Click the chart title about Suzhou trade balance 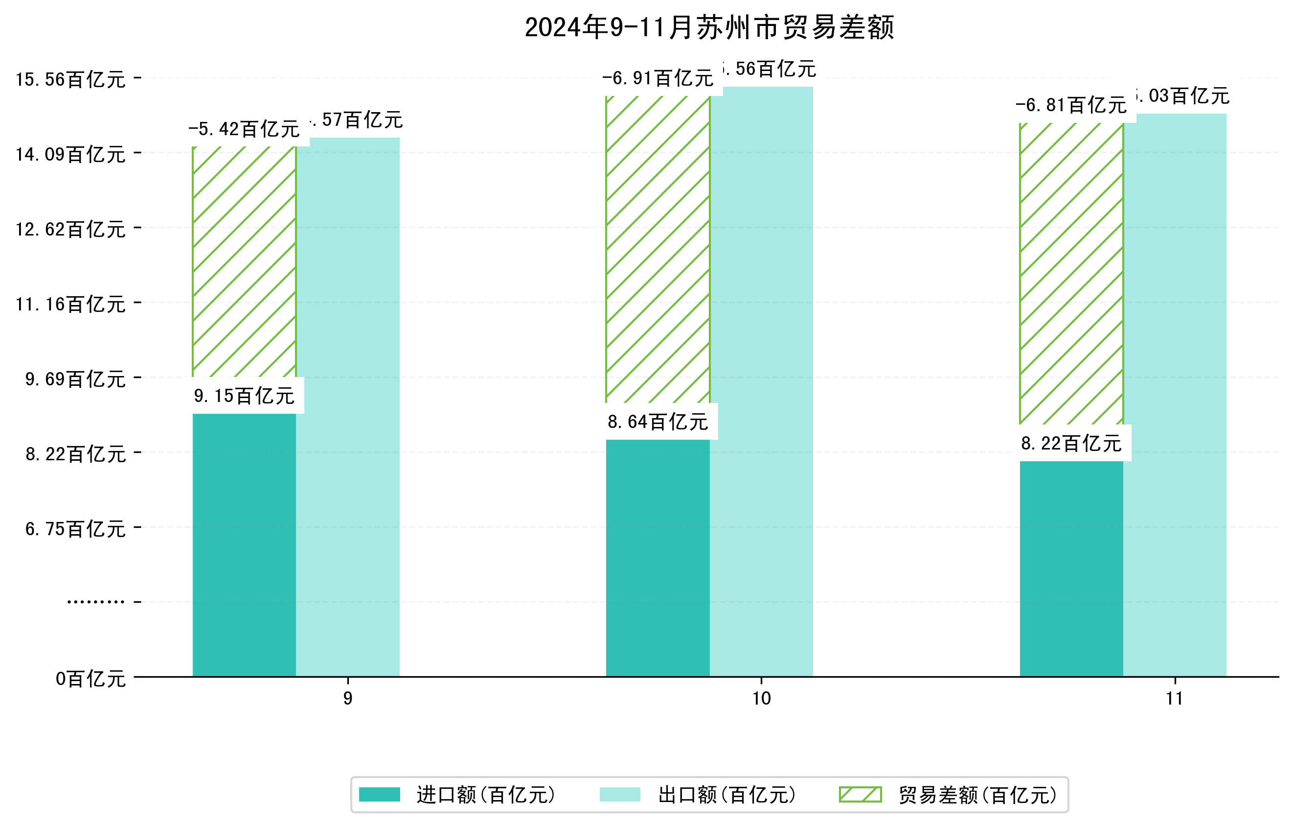pos(709,27)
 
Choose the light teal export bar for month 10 pos(761,381)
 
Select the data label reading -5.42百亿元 pos(244,129)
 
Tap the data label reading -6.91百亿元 pos(657,78)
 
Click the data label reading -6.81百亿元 pos(1071,105)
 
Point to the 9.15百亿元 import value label pos(244,396)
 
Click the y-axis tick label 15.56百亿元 pos(70,79)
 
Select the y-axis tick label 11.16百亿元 pos(70,305)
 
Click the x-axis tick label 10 pos(761,699)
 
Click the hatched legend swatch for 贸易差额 pos(860,794)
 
